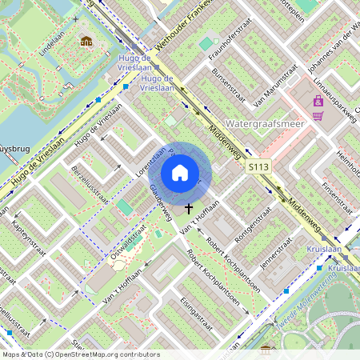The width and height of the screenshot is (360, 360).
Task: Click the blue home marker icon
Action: point(180,173)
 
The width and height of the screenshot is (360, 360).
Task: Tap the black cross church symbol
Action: point(190,209)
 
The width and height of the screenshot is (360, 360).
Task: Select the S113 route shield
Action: point(257,166)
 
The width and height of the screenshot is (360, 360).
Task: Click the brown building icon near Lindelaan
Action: point(86,41)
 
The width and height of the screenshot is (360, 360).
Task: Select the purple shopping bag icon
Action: point(319,101)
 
